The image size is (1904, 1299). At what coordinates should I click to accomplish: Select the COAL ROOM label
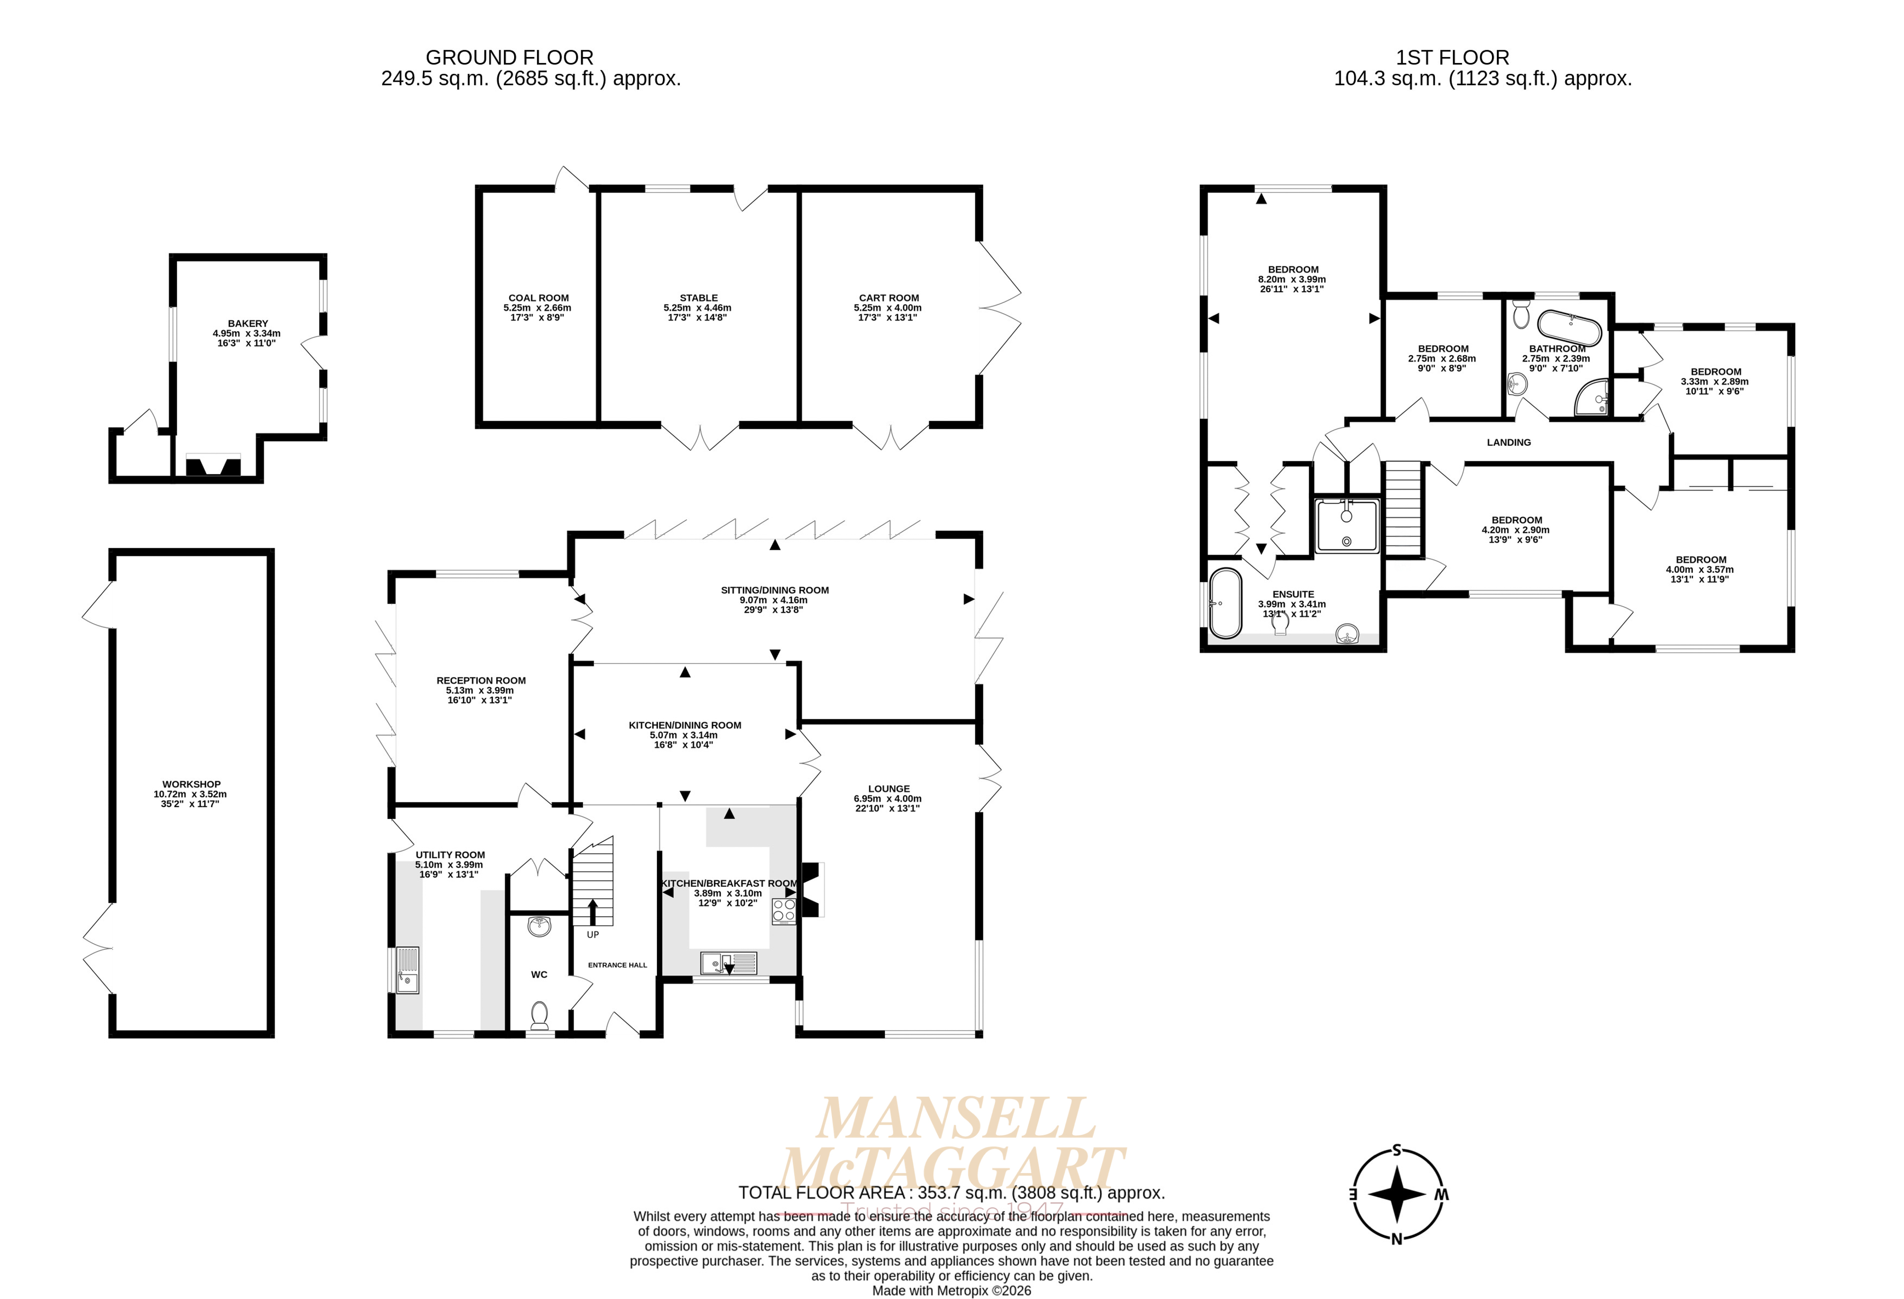coord(538,298)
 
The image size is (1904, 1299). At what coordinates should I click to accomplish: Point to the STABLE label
coord(698,298)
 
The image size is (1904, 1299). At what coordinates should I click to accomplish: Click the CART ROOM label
coord(889,298)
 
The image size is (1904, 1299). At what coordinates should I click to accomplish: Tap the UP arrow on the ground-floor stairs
coord(593,911)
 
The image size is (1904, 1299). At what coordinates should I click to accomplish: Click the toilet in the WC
coord(539,1015)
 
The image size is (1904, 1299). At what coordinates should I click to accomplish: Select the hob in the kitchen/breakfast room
coord(783,911)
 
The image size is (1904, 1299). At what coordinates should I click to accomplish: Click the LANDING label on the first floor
coord(1508,442)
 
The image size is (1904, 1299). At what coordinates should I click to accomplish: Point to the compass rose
coord(1397,1193)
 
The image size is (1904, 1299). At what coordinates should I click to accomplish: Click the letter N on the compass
coord(1397,1238)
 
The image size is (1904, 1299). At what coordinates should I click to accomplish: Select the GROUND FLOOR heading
coord(510,58)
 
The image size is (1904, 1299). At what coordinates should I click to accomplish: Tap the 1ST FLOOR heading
coord(1453,58)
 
